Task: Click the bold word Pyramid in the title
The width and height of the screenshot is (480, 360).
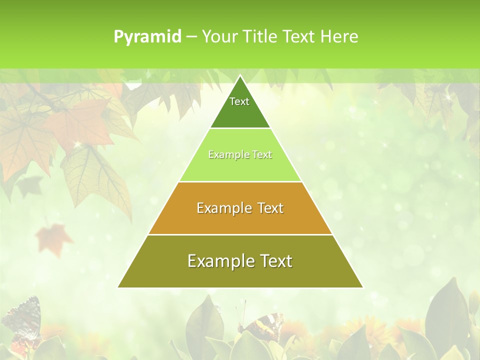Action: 147,37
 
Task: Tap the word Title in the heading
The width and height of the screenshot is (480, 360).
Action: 261,37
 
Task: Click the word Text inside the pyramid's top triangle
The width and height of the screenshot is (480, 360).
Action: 239,101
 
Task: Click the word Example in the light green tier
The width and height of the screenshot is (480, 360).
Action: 223,155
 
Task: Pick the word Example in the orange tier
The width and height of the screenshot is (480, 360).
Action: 218,208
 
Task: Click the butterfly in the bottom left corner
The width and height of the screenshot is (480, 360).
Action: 22,320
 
